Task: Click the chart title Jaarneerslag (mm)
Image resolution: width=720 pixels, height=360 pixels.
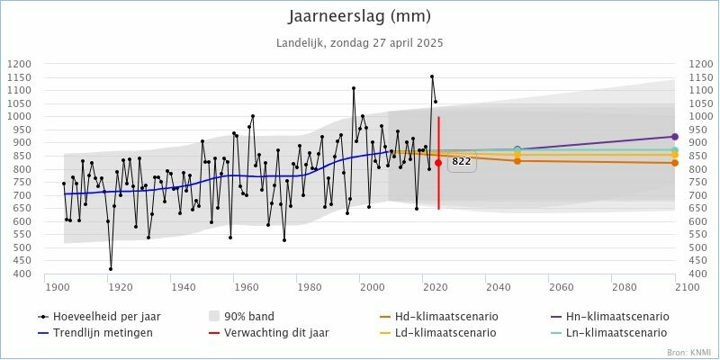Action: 360,16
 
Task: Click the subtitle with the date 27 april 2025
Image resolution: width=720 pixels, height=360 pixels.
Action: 360,42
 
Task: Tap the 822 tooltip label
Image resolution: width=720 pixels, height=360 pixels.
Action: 462,162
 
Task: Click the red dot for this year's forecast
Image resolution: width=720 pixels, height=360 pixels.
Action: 438,163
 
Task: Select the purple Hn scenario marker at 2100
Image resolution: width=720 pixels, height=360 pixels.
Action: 675,137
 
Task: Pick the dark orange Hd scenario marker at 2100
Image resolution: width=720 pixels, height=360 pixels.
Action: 675,163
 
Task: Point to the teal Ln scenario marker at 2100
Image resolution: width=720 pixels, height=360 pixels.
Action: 675,149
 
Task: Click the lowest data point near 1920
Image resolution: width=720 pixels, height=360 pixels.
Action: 111,268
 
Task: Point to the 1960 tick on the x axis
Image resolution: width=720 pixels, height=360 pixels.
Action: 247,286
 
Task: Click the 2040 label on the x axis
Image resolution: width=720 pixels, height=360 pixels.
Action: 498,286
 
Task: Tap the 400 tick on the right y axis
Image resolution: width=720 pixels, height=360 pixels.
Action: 697,274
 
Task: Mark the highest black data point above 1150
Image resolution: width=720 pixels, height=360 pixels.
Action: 432,76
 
